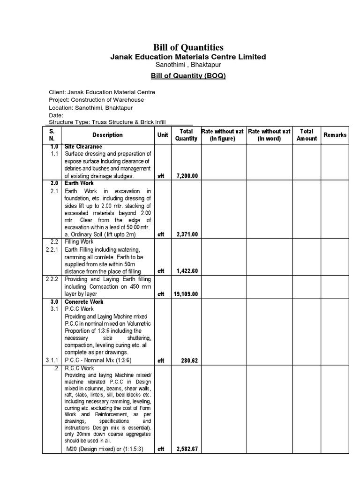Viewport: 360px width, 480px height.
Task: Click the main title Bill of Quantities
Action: tap(188, 47)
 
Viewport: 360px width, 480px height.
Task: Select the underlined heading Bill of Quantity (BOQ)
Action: tap(188, 75)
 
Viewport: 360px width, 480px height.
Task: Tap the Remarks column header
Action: tap(335, 135)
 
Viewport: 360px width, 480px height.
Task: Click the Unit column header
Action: tap(163, 135)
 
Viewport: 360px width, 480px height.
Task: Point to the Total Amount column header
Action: tap(307, 135)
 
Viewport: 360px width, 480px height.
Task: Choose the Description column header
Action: tap(107, 135)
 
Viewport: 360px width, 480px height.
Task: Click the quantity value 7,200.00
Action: tap(187, 176)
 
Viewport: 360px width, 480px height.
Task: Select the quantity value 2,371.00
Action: tap(187, 234)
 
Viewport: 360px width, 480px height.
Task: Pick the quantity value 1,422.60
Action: tap(187, 271)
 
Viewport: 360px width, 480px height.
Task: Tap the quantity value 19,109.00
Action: tap(186, 294)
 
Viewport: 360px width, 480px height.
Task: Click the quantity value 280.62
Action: tap(189, 360)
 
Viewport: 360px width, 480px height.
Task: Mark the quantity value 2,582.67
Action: tap(187, 449)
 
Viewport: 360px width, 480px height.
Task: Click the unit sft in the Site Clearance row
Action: tap(161, 176)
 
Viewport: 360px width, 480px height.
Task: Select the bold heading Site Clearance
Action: tap(83, 147)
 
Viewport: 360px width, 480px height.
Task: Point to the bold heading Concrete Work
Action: tap(84, 302)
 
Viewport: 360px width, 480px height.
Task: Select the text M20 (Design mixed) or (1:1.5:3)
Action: tap(105, 449)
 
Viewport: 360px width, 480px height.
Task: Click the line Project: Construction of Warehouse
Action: tap(97, 100)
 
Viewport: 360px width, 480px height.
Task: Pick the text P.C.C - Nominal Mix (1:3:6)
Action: tap(98, 360)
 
